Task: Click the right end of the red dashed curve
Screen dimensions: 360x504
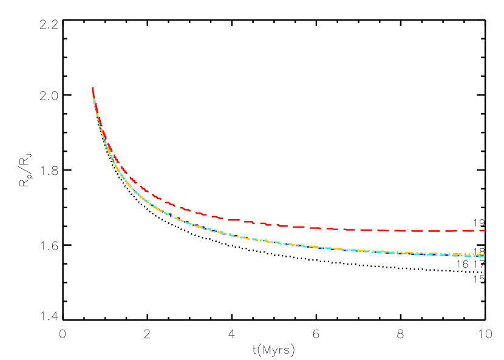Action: (484, 231)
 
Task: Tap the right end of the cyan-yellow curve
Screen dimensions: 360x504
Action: (483, 256)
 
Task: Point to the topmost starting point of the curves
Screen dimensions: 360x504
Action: (92, 89)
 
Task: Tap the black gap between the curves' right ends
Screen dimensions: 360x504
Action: (483, 243)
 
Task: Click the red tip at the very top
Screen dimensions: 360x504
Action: (92, 89)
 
